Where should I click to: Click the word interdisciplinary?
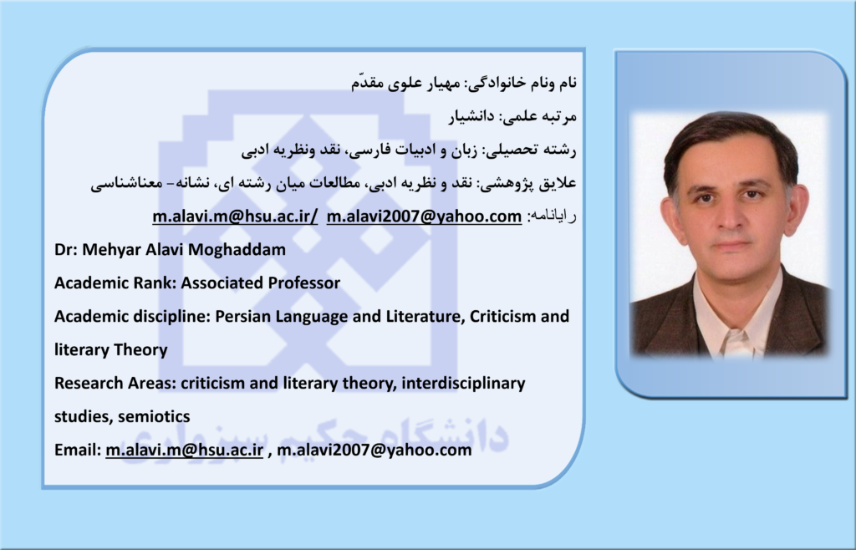click(x=463, y=384)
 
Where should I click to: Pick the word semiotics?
click(x=154, y=417)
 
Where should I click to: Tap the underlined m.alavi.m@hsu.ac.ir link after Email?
click(x=185, y=451)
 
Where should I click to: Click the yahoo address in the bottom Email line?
click(x=374, y=451)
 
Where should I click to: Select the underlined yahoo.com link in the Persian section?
click(x=424, y=216)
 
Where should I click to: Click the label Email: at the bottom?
click(x=78, y=451)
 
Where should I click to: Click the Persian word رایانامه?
click(x=552, y=216)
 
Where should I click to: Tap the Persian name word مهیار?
click(x=443, y=83)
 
